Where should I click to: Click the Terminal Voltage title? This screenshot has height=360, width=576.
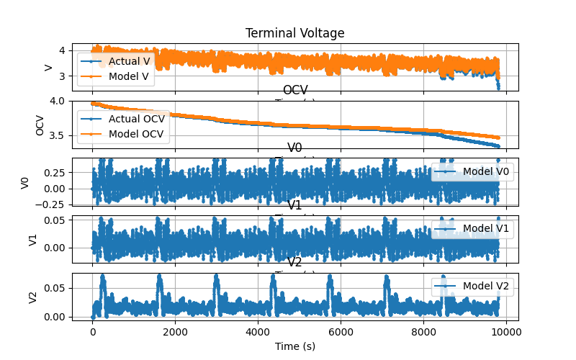294,33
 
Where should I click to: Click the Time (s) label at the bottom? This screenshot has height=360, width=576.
294,346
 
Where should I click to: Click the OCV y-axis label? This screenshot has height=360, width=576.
40,125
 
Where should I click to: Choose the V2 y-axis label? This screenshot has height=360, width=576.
33,297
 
